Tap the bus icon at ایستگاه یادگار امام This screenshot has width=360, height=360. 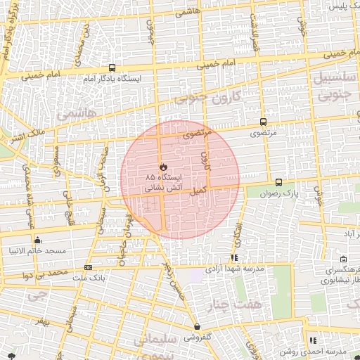pyautogui.click(x=112, y=67)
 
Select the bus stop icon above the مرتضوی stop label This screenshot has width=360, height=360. pyautogui.click(x=263, y=121)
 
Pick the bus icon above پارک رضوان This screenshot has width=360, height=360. pyautogui.click(x=279, y=181)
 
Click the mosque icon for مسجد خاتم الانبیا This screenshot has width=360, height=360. pyautogui.click(x=37, y=240)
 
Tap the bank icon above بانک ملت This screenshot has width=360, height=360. pyautogui.click(x=88, y=267)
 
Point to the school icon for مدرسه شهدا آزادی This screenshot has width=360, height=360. pyautogui.click(x=234, y=258)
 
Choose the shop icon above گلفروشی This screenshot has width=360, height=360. pyautogui.click(x=198, y=326)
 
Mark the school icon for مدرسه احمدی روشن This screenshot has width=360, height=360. pyautogui.click(x=313, y=340)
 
